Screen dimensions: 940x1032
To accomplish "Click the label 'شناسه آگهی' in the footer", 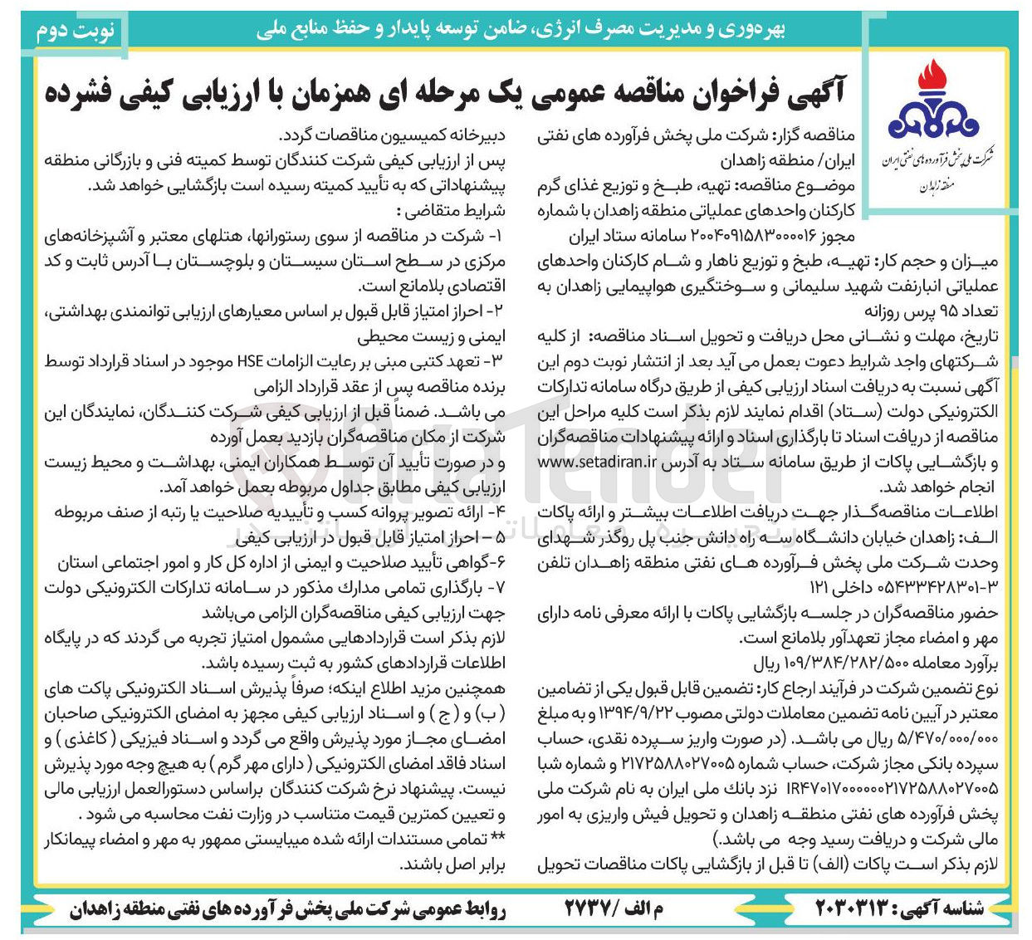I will [943, 908].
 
